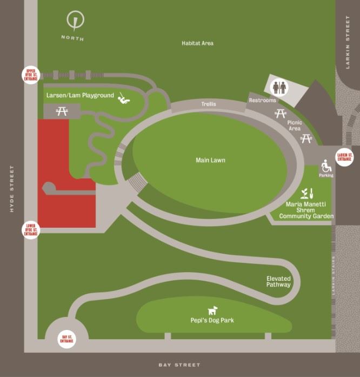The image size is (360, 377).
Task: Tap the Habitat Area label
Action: click(197, 43)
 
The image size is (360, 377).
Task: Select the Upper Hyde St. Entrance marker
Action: click(30, 75)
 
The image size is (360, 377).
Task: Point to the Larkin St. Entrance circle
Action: click(344, 157)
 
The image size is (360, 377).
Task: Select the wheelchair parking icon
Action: click(326, 166)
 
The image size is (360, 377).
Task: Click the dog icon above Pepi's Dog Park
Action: click(214, 310)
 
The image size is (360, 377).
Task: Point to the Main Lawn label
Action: click(210, 160)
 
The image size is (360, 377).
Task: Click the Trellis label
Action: click(209, 103)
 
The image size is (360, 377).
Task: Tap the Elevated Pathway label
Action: click(278, 281)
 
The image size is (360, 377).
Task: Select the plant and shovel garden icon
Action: click(307, 193)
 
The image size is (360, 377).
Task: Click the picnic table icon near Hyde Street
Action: click(61, 111)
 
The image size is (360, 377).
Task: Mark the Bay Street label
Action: click(179, 365)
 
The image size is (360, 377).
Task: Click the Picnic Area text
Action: click(295, 125)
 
